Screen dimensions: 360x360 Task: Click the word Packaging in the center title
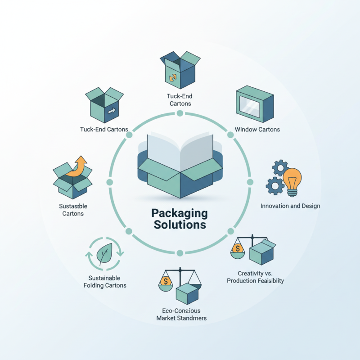[180, 212]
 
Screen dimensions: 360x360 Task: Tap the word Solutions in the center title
[180, 224]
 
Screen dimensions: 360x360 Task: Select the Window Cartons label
[257, 130]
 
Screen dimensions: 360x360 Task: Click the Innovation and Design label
[290, 206]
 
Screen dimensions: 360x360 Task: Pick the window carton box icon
[254, 104]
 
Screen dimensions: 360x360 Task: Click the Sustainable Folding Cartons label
[105, 282]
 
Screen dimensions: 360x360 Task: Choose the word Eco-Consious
[180, 310]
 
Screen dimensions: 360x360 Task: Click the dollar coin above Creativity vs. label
[237, 248]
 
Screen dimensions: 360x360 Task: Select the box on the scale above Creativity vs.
[262, 252]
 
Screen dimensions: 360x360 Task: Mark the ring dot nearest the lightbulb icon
[251, 182]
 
